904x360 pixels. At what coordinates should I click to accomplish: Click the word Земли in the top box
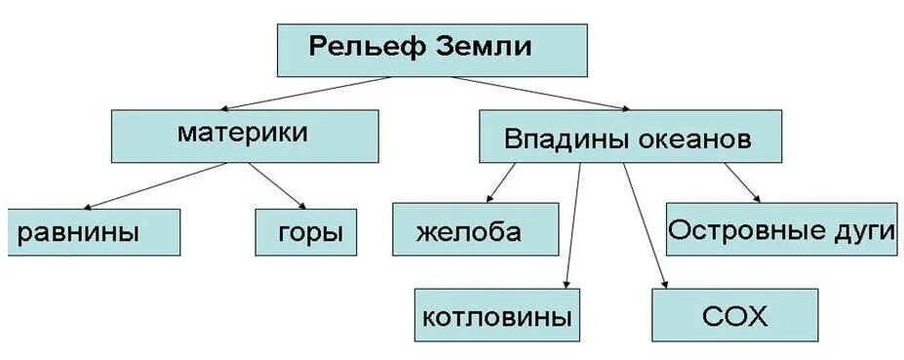[481, 47]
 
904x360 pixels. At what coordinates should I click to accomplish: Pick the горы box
[304, 232]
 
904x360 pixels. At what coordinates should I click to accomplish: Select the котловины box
[496, 316]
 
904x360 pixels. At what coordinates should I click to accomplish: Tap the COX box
[734, 316]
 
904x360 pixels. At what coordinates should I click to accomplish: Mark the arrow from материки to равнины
[156, 185]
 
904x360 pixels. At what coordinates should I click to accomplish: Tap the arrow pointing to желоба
[501, 182]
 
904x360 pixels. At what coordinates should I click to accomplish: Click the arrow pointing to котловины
[573, 224]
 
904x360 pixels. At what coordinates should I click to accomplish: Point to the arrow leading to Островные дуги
[741, 182]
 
